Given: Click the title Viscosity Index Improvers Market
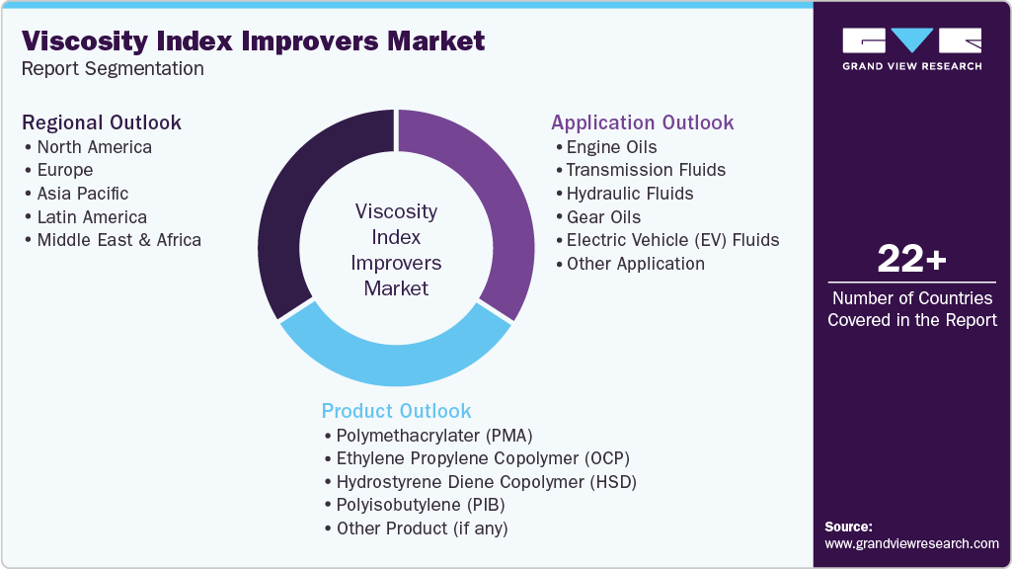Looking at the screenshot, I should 254,41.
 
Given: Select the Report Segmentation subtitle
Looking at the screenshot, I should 113,69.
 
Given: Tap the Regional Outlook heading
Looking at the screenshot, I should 102,122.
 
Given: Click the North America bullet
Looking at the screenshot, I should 94,147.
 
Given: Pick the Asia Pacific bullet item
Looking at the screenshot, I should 82,194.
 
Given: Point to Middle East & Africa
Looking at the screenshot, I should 118,240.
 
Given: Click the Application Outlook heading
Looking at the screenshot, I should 642,122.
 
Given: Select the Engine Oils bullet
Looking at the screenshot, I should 611,147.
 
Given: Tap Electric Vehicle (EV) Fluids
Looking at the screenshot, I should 672,240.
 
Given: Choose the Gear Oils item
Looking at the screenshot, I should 603,217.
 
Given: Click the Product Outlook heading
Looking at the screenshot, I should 396,411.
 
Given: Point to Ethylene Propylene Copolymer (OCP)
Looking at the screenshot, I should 482,458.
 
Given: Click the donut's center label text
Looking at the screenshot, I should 396,250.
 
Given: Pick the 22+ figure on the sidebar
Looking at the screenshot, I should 911,260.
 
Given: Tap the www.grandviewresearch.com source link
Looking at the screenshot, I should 911,543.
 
